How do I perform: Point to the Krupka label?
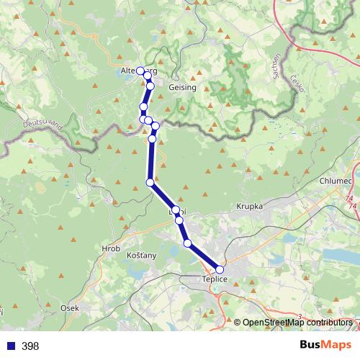[248, 207]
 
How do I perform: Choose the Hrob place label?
[111, 248]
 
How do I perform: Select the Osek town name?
[70, 307]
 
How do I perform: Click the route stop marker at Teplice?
[220, 269]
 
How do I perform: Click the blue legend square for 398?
[9, 346]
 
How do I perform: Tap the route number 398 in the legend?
[30, 346]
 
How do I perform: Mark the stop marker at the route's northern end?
[141, 71]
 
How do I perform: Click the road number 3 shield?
[299, 315]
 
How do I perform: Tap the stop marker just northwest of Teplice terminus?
[188, 243]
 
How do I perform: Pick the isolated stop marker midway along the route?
[150, 182]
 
